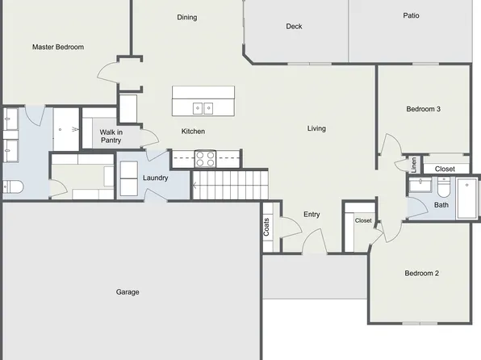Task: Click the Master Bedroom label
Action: pos(58,48)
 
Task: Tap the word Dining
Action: pos(187,18)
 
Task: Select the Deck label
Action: pos(294,27)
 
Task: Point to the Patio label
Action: pos(412,15)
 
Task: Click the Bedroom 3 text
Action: pos(423,109)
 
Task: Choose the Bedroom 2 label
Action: pos(421,273)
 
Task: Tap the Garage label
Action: pos(128,292)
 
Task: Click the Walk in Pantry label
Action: pos(111,136)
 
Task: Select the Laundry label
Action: pos(155,178)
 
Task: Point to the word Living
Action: pos(316,128)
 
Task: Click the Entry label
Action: pos(312,215)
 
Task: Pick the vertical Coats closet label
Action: pos(266,228)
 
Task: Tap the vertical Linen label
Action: pos(414,163)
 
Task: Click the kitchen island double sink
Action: pos(203,107)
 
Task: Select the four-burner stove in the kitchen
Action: pos(205,158)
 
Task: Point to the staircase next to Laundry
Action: pos(230,186)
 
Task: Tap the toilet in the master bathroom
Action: pos(11,188)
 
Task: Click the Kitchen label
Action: pos(193,132)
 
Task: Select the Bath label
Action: pos(441,205)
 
